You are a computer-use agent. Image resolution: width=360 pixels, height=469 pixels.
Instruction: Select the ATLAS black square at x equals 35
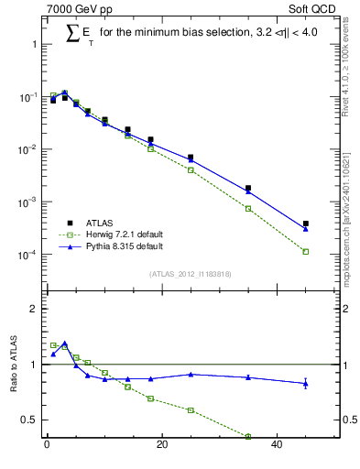248,188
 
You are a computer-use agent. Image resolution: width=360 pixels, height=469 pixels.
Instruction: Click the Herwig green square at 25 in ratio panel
191,410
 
